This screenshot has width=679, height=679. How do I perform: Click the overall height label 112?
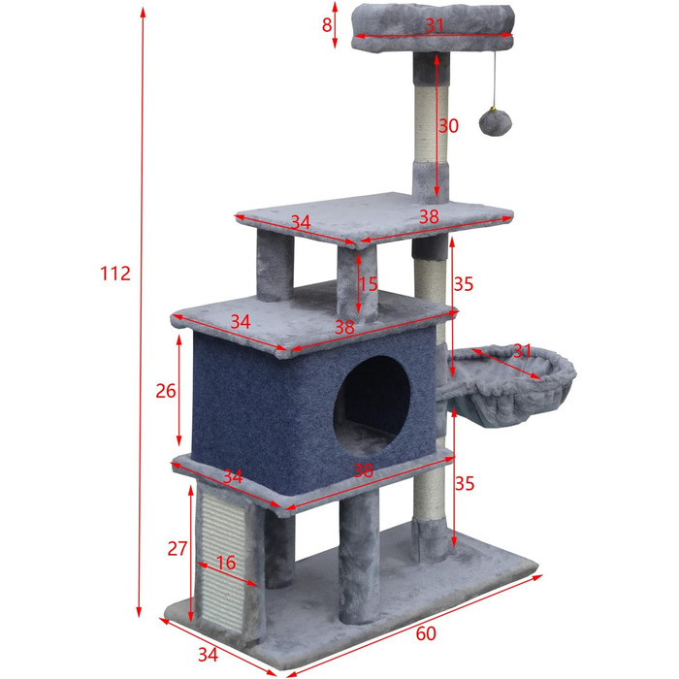115,274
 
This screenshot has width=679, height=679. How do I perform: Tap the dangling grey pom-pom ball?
496,122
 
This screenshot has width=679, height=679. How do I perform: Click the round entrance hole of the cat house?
372,404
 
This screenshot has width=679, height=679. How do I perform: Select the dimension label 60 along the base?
426,633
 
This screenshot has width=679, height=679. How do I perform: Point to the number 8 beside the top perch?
327,24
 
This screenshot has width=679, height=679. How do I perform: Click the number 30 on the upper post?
448,125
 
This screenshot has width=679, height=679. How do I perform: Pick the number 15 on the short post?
368,284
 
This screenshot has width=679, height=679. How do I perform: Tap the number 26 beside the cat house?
166,391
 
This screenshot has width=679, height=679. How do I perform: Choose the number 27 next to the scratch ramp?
178,549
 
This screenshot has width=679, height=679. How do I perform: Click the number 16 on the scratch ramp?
226,563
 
